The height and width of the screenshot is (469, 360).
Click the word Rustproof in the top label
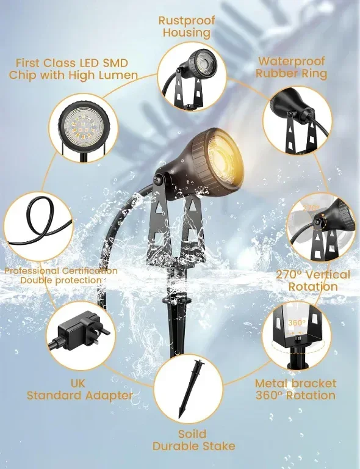coord(187,21)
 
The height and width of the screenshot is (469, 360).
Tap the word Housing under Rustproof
coord(187,32)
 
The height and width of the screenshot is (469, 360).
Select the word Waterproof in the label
coord(291,61)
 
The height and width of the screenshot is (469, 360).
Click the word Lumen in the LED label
coord(118,75)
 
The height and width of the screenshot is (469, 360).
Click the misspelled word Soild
coord(192,434)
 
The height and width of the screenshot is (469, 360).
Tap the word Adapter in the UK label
coord(109,396)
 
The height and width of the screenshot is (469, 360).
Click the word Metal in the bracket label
coord(272,384)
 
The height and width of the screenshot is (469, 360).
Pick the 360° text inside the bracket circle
coord(297,322)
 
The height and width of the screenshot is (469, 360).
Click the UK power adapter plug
coord(81,332)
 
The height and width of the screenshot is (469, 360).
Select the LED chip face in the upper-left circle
coord(84,125)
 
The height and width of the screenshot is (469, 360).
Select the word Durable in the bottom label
coord(176,446)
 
